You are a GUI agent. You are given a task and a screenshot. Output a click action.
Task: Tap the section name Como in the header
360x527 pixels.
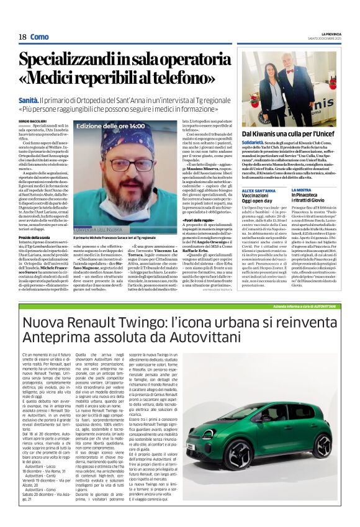point(40,37)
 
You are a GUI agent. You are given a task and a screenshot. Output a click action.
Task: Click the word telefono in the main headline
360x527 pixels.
point(197,79)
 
